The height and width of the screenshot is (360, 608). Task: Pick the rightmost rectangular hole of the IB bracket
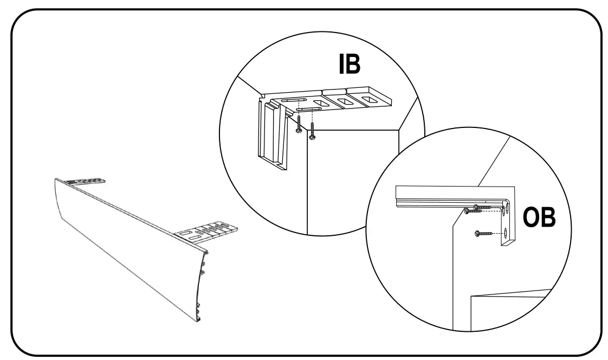click(372, 99)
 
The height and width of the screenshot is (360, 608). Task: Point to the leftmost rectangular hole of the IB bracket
click(320, 103)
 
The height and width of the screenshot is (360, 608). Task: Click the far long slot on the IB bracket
click(295, 100)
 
